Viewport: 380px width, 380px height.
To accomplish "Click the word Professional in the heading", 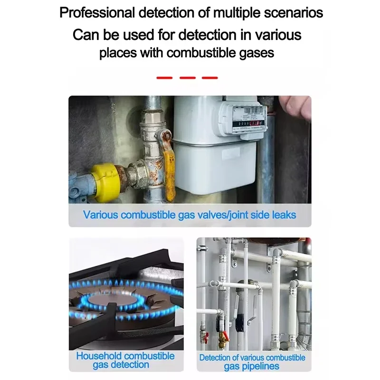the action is click(x=97, y=13).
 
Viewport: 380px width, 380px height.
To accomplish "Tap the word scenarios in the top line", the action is click(x=293, y=13).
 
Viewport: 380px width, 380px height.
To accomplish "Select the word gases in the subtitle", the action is click(x=256, y=53).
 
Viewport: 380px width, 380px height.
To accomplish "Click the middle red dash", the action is click(x=188, y=78).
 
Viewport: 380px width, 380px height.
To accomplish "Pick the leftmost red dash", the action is click(x=164, y=78).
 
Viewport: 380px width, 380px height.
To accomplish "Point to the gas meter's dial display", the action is click(x=248, y=119).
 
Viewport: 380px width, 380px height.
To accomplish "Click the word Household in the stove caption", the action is click(x=99, y=356).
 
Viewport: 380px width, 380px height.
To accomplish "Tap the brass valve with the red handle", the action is click(x=222, y=338).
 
